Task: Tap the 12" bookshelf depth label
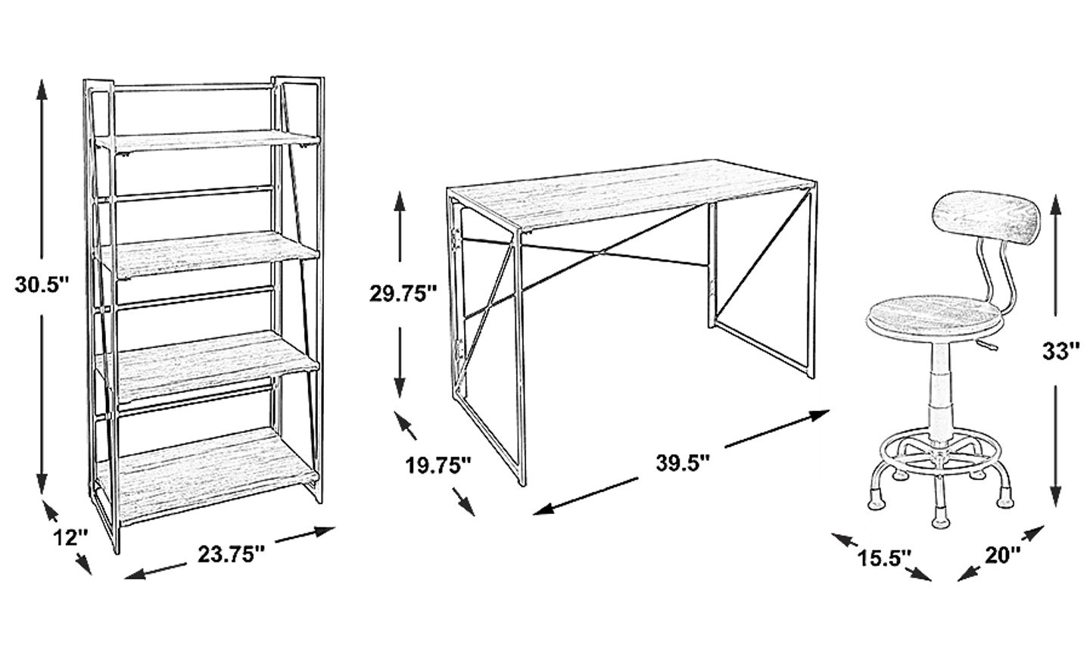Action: [70, 537]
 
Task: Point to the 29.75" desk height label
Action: [403, 294]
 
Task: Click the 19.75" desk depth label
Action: [438, 465]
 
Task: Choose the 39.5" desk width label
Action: [684, 462]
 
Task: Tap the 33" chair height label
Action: [1060, 351]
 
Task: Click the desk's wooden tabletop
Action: [633, 194]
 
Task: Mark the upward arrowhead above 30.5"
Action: [42, 90]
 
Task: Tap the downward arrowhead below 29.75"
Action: [400, 387]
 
